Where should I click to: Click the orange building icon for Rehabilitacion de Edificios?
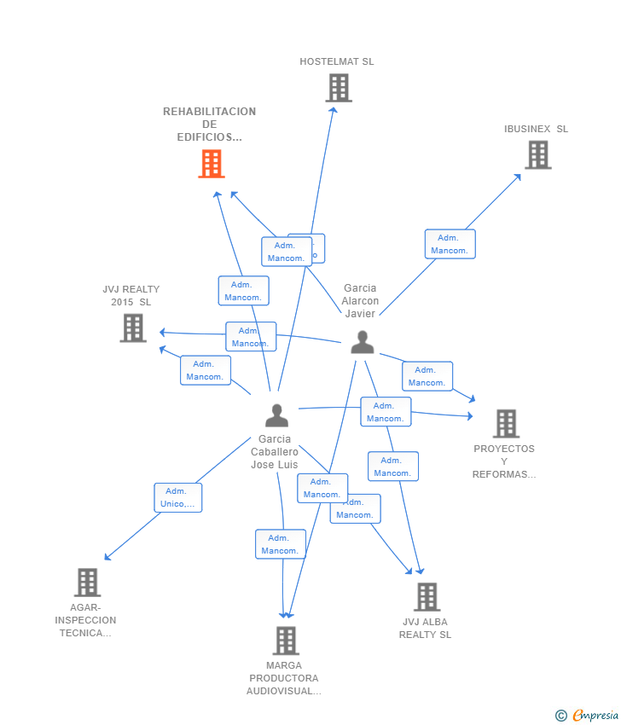click(212, 164)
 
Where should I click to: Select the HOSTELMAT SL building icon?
click(339, 88)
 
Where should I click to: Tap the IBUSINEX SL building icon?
click(537, 155)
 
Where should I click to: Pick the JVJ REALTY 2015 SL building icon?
click(133, 328)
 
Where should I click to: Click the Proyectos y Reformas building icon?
click(506, 423)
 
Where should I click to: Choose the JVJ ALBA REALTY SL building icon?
click(427, 597)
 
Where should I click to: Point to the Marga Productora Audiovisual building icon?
click(286, 641)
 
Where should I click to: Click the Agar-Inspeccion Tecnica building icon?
click(87, 583)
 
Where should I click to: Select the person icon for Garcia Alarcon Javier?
click(363, 342)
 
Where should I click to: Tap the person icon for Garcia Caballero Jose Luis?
click(276, 415)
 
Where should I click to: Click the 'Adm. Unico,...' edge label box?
click(178, 497)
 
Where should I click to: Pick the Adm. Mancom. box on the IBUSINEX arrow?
click(450, 244)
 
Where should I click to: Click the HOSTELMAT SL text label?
click(337, 61)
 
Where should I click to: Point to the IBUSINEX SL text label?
click(536, 129)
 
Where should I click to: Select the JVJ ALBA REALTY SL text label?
click(425, 629)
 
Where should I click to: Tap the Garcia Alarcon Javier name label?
click(360, 301)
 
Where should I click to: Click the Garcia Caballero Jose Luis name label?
click(275, 452)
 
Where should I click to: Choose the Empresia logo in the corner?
click(587, 716)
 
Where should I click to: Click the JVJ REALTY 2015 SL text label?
click(131, 295)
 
